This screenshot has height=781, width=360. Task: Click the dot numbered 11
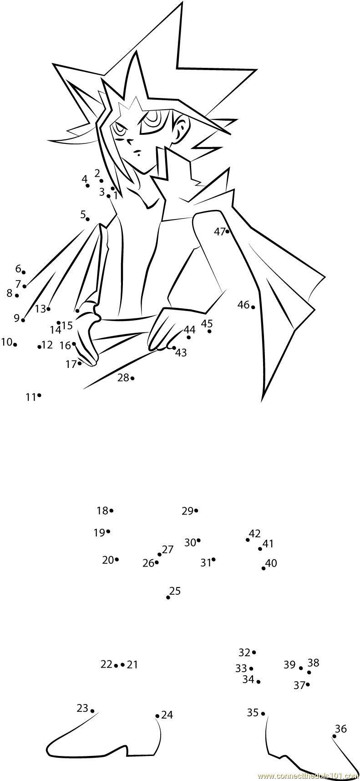pos(39,395)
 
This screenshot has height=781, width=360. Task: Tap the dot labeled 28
pos(132,378)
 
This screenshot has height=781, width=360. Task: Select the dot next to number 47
pos(227,231)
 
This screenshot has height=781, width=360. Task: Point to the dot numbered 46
pos(253,307)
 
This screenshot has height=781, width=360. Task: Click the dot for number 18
pos(112,510)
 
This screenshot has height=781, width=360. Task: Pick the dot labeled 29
pos(196,510)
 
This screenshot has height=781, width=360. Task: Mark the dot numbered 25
pos(168,597)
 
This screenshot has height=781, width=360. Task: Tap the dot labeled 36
pos(335,736)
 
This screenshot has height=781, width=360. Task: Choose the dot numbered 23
pos(92,710)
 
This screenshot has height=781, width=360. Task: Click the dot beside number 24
pos(157,716)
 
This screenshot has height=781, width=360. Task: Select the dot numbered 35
pos(263,714)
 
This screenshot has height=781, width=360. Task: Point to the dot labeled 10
pos(15,344)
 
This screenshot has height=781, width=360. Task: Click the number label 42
pos(255,533)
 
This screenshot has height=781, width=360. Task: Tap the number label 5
pos(83,214)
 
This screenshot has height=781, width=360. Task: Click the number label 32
pos(244,653)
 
